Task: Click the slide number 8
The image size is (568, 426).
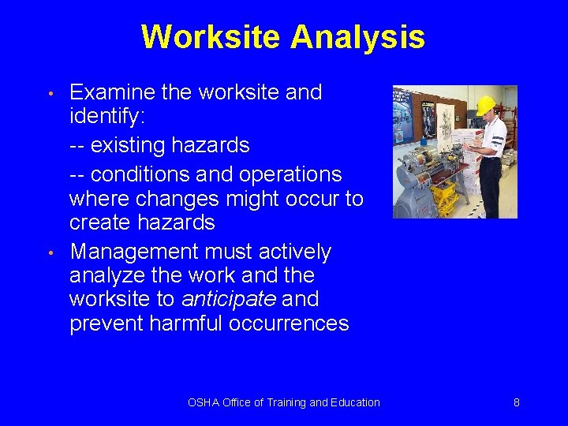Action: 517,402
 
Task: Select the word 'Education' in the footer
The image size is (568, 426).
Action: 356,402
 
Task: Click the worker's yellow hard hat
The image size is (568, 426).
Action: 485,105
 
